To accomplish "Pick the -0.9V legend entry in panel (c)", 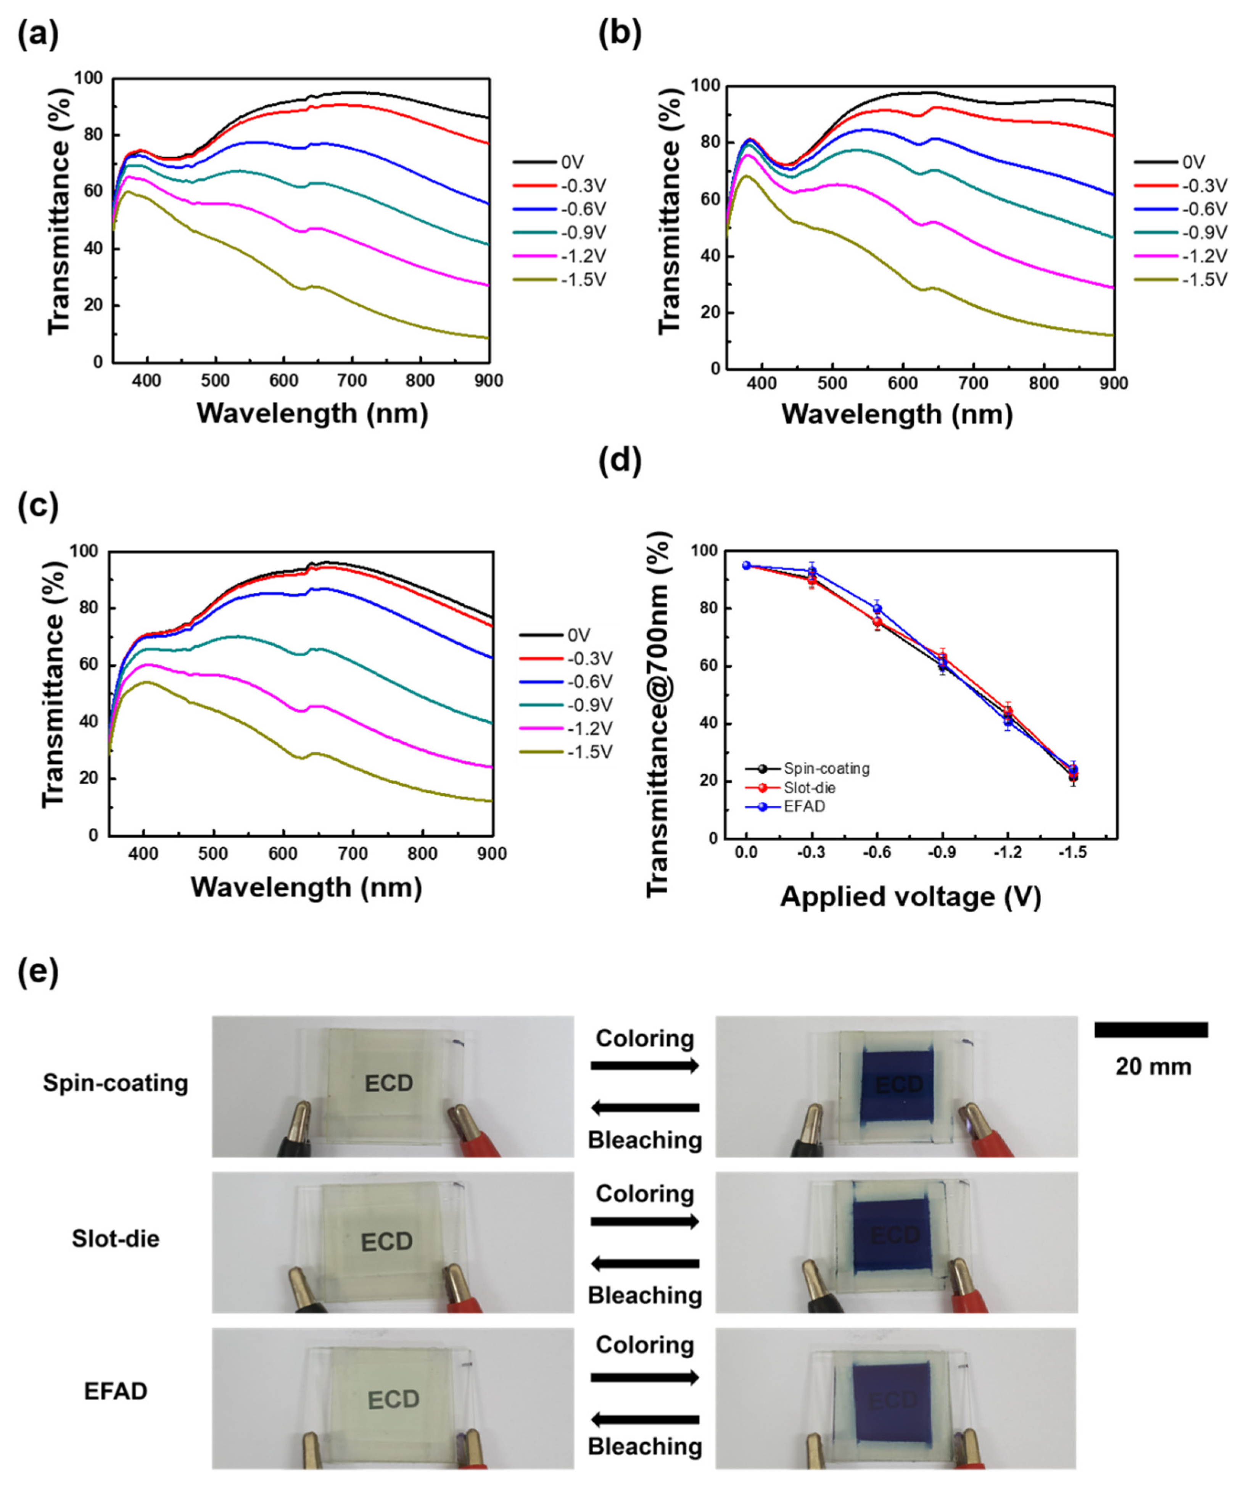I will (x=565, y=705).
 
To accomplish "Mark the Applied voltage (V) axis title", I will (x=910, y=896).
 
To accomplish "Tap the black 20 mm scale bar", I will (x=1151, y=1030).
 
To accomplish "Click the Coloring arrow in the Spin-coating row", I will (x=645, y=1066).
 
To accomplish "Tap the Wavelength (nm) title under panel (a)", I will (x=312, y=413).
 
